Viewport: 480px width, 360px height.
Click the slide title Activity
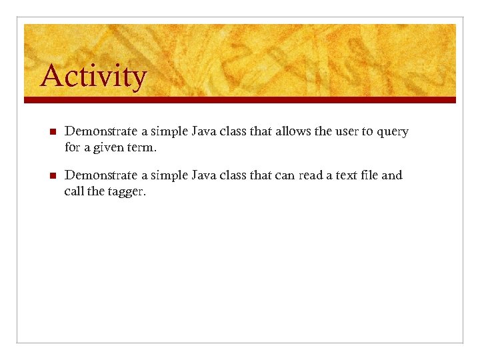coord(93,77)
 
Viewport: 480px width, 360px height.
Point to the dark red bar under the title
coord(240,100)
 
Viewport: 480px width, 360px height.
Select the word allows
coord(292,131)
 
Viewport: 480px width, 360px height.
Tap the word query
coord(393,132)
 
